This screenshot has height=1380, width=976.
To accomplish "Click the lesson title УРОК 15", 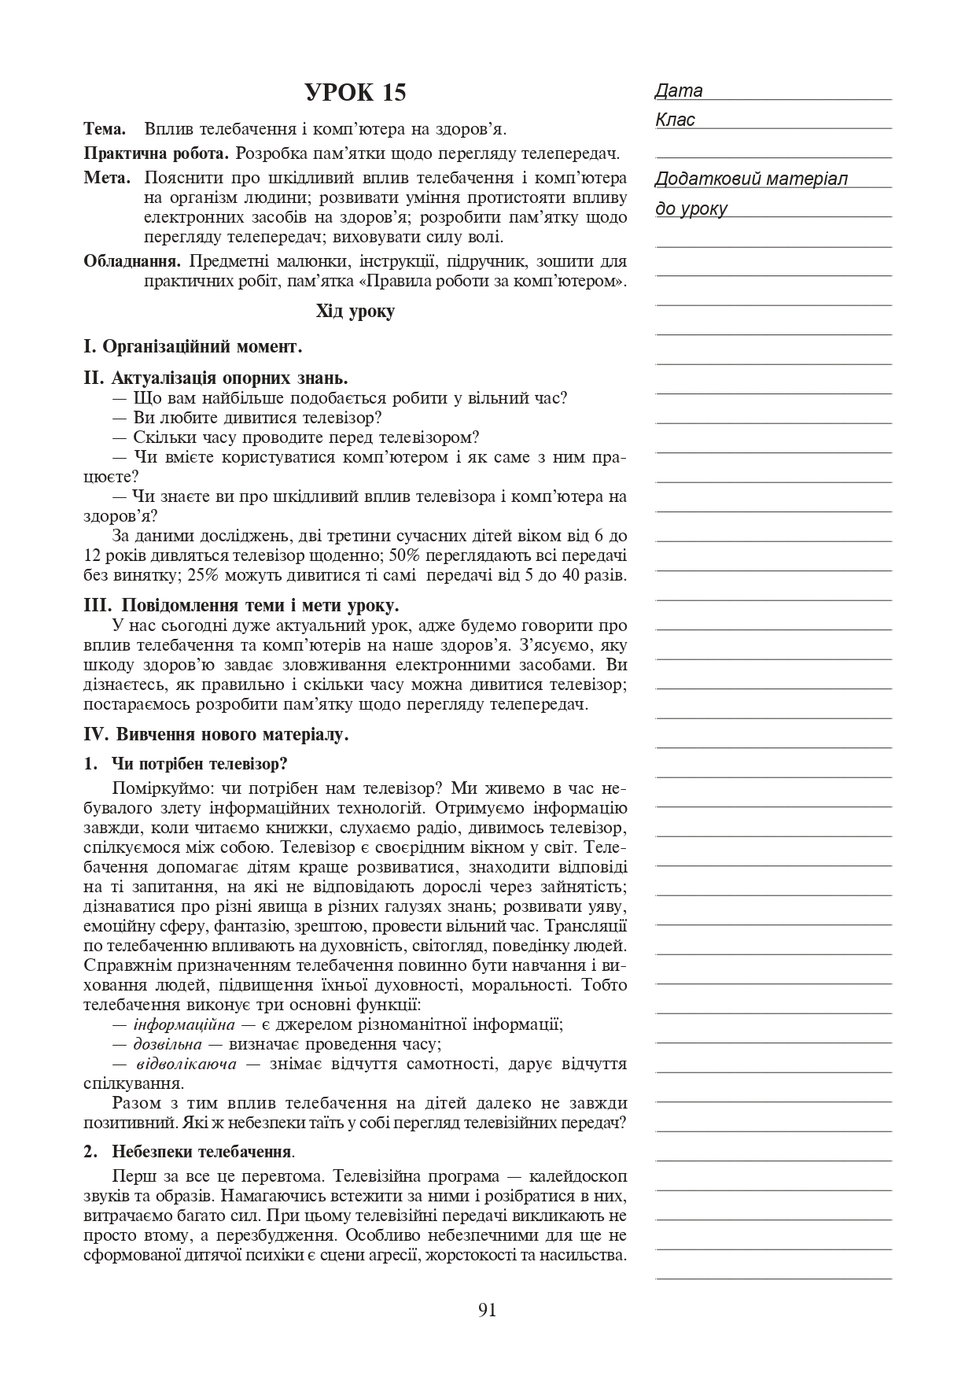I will click(x=355, y=93).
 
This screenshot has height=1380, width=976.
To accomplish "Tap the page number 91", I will click(x=487, y=1310).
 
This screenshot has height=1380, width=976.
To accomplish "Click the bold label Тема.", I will click(x=105, y=128).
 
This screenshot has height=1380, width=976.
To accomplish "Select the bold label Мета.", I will click(x=107, y=178).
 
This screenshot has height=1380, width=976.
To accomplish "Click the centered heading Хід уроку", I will click(x=355, y=312).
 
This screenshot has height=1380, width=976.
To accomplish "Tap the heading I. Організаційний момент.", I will click(x=193, y=346).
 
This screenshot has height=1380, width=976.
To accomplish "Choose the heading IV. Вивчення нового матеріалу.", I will click(x=215, y=735).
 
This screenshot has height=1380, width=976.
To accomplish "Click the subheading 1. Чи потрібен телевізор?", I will click(x=186, y=764).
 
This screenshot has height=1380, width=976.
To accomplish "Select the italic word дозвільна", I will click(x=167, y=1044).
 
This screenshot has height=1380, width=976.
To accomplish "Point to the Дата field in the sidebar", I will click(x=679, y=91).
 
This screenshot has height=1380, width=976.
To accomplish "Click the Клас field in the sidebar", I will click(x=676, y=120).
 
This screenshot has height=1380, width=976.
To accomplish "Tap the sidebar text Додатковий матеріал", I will click(x=751, y=179).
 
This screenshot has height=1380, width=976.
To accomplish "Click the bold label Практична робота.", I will click(x=156, y=153).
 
